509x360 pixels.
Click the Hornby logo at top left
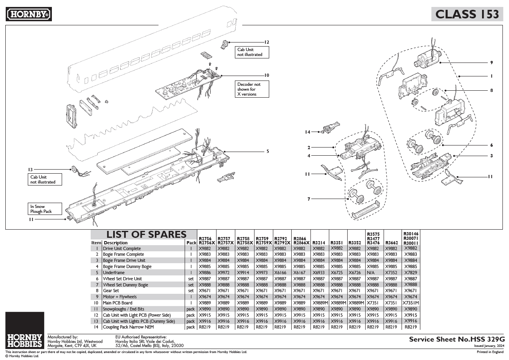(29, 14)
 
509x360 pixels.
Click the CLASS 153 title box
(467, 14)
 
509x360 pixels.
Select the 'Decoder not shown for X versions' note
(252, 89)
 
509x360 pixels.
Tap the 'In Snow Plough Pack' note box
(45, 209)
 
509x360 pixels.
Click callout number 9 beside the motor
(491, 63)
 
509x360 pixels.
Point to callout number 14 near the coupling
(308, 132)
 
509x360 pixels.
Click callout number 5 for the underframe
(268, 151)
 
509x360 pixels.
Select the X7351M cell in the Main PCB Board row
(411, 303)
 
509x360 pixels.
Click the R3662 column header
(391, 243)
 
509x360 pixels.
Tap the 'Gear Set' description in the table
(111, 291)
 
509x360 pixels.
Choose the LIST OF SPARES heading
(146, 235)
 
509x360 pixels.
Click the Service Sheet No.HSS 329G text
(457, 339)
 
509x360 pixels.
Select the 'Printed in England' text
(490, 351)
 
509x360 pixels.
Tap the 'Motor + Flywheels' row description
(120, 297)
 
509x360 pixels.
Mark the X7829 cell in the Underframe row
(411, 273)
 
